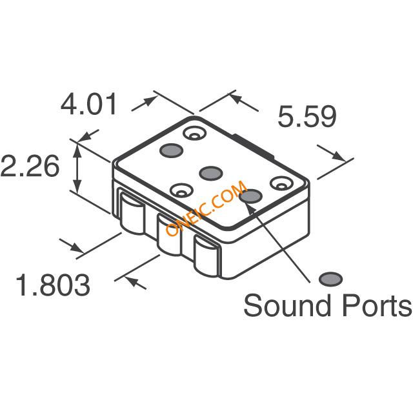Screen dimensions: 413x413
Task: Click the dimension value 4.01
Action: tap(88, 104)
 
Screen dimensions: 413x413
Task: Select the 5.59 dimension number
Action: tap(307, 117)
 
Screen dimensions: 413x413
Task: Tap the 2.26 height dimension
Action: tap(29, 166)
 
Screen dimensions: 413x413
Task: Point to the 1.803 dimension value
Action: tap(53, 285)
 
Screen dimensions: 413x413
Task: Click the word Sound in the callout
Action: tap(287, 305)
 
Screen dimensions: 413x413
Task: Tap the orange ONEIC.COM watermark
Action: tap(206, 208)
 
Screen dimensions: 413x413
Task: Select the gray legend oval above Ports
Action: tap(330, 279)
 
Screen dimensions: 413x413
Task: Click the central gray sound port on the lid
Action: tap(211, 174)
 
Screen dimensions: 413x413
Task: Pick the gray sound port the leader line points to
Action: tap(251, 196)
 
